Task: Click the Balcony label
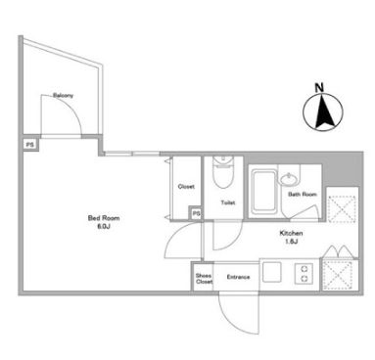(63, 96)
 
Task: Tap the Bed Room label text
(104, 218)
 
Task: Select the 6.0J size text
(103, 227)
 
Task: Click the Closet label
(186, 187)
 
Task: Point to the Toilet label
(228, 202)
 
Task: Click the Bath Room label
(303, 195)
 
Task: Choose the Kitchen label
(291, 233)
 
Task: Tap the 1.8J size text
(291, 242)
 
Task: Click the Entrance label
(238, 277)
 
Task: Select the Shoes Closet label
(204, 279)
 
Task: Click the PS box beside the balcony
(30, 145)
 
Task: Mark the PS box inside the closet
(196, 213)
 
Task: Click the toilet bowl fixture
(222, 173)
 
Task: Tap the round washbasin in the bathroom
(288, 180)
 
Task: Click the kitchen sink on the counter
(272, 272)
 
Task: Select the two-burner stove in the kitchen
(305, 274)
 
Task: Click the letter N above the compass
(319, 87)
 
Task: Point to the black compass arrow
(324, 111)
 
